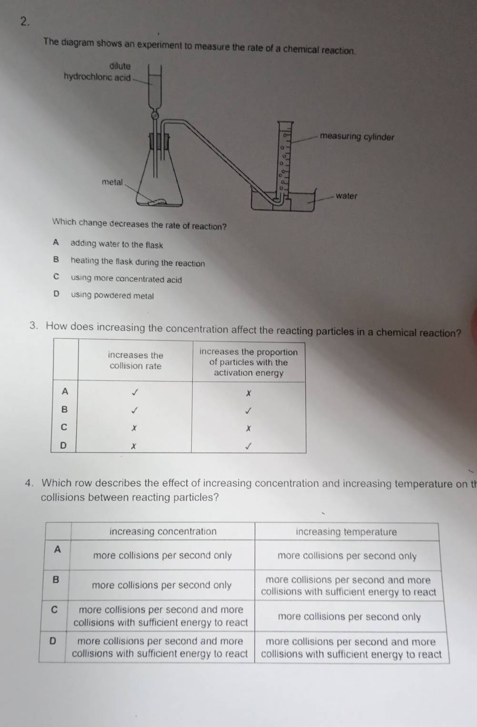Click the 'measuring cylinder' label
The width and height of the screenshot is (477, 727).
[x=357, y=137]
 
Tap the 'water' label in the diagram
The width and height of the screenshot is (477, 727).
[x=346, y=196]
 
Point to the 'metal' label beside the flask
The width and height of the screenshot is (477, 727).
[x=112, y=182]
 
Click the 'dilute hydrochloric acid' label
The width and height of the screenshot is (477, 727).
[x=97, y=71]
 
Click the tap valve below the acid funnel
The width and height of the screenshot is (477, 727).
[x=155, y=115]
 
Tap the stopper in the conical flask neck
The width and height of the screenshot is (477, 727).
[x=159, y=141]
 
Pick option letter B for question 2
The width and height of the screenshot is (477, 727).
[x=56, y=259]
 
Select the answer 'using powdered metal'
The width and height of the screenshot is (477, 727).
[x=112, y=295]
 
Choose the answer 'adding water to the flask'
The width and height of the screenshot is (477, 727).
[x=117, y=244]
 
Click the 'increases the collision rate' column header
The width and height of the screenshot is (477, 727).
[x=136, y=360]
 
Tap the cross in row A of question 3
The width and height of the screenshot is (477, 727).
[x=248, y=393]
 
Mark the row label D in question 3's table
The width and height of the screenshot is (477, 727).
[x=63, y=445]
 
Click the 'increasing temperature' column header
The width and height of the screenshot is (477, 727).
[x=346, y=532]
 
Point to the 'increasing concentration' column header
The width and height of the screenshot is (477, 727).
[x=163, y=531]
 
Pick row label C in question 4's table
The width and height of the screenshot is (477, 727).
[x=55, y=609]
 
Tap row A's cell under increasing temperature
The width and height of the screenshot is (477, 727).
[x=347, y=556]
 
